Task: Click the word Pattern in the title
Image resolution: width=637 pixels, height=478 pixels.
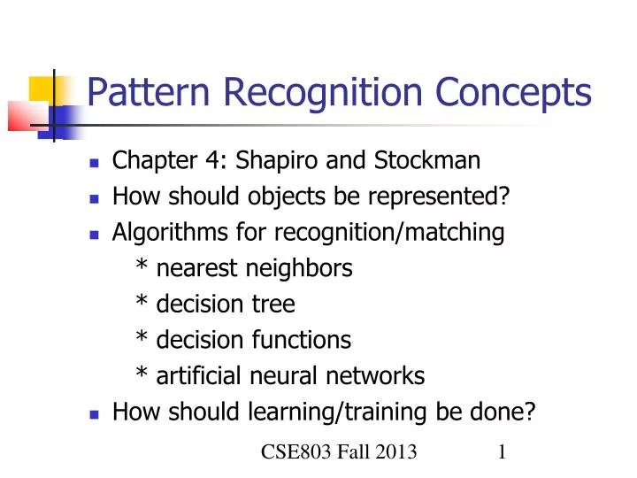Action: tap(142, 92)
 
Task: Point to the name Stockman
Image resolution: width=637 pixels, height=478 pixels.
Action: tap(427, 160)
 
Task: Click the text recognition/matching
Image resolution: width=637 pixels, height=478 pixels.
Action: tap(389, 233)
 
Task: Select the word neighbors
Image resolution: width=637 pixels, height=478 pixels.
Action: tap(302, 268)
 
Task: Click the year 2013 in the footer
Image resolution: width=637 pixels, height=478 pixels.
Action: tap(395, 453)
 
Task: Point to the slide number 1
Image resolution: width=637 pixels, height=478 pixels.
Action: tap(502, 453)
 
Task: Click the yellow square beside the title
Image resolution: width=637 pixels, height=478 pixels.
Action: tap(42, 89)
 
